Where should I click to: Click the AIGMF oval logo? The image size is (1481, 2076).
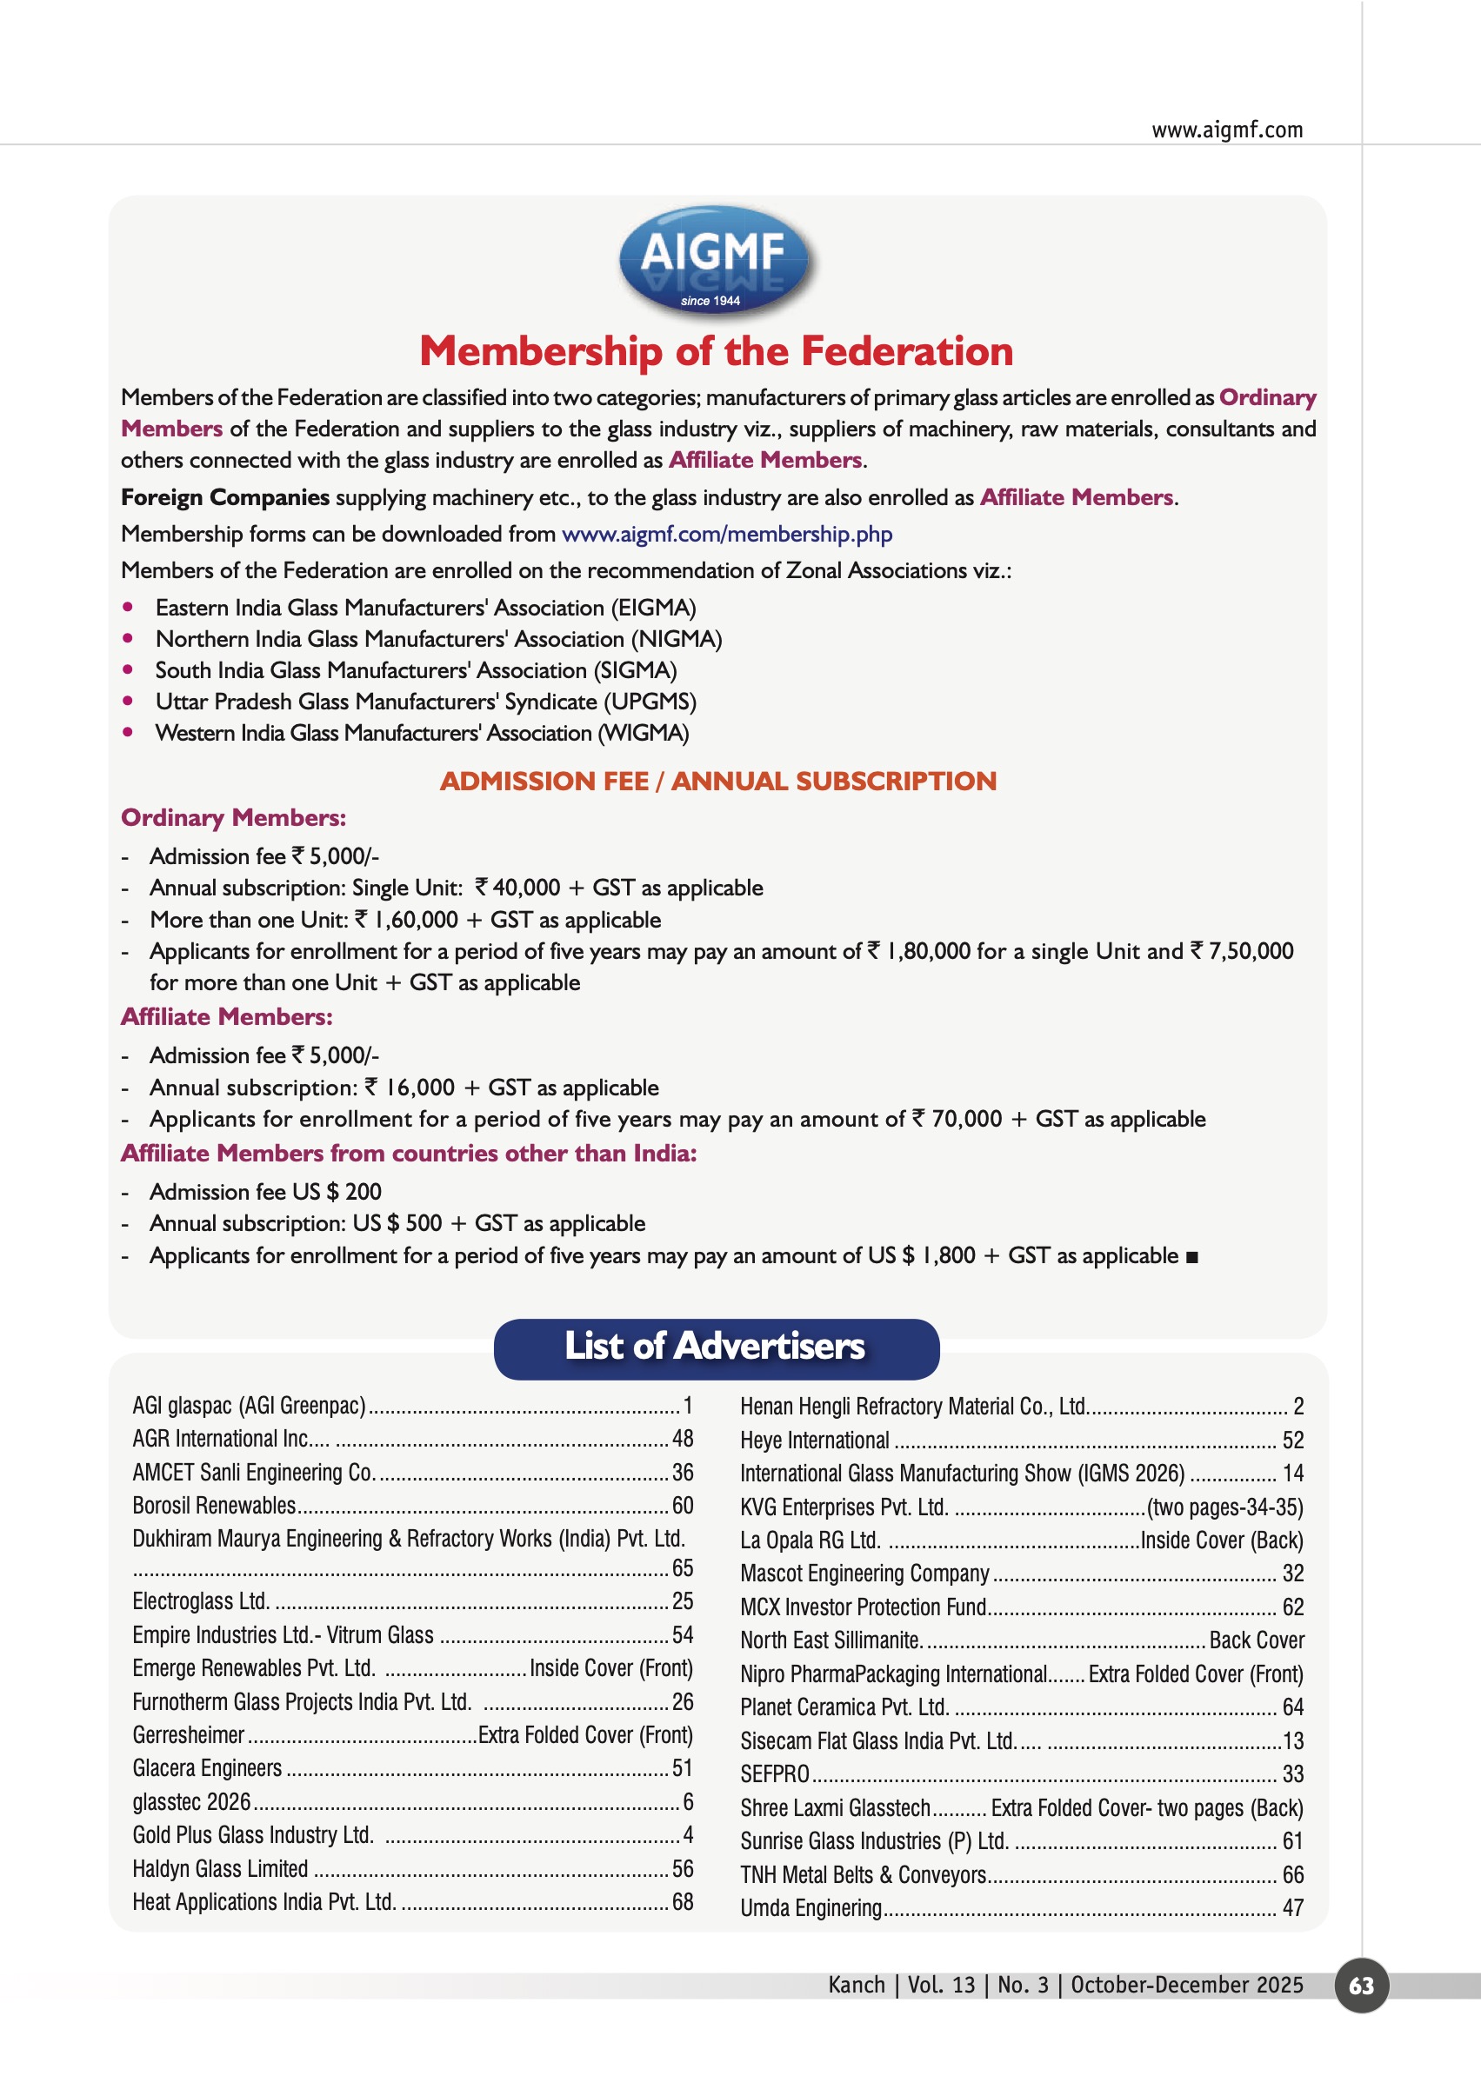716,260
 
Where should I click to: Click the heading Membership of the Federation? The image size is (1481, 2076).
716,352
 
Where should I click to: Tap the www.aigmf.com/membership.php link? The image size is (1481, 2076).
726,535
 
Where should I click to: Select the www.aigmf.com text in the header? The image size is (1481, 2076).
1226,130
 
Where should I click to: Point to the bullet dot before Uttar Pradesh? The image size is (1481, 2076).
128,701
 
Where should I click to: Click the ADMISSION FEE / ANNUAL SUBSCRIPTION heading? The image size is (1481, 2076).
717,782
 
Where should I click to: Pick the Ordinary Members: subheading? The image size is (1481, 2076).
233,818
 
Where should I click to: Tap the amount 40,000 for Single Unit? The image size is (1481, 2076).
526,888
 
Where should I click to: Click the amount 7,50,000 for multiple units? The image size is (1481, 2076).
1251,952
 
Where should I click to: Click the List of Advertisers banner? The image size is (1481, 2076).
716,1347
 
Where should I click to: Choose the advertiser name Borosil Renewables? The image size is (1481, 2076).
214,1505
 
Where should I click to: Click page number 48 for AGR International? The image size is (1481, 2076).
682,1439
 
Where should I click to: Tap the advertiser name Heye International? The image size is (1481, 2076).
814,1441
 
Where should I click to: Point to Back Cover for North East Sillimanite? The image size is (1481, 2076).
1256,1640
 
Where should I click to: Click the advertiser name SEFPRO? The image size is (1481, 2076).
774,1774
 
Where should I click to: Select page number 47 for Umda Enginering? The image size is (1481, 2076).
1292,1908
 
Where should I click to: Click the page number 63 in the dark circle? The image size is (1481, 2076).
1361,1986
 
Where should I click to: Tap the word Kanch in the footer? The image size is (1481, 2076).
857,1986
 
